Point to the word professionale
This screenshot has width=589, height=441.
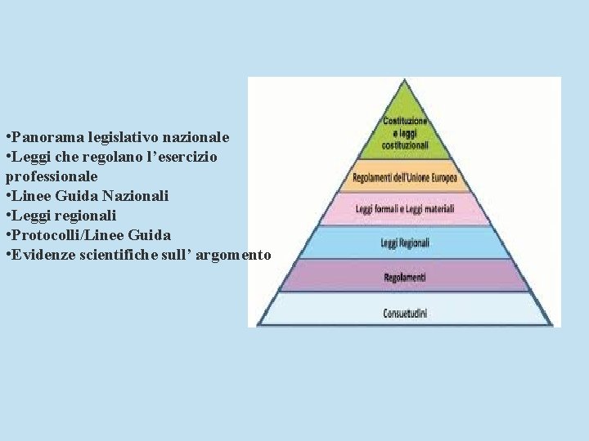(52, 176)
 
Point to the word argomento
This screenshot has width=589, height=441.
(233, 254)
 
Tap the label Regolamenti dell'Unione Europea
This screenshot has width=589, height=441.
(404, 177)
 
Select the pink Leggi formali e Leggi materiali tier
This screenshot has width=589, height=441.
(404, 209)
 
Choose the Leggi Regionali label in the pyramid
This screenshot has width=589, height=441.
(404, 243)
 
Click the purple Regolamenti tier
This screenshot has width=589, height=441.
(404, 277)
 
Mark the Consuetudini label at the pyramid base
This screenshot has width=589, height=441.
(404, 312)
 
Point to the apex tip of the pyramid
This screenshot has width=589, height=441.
(404, 81)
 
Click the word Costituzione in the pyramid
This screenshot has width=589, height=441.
(404, 122)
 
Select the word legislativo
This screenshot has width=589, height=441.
(118, 136)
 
